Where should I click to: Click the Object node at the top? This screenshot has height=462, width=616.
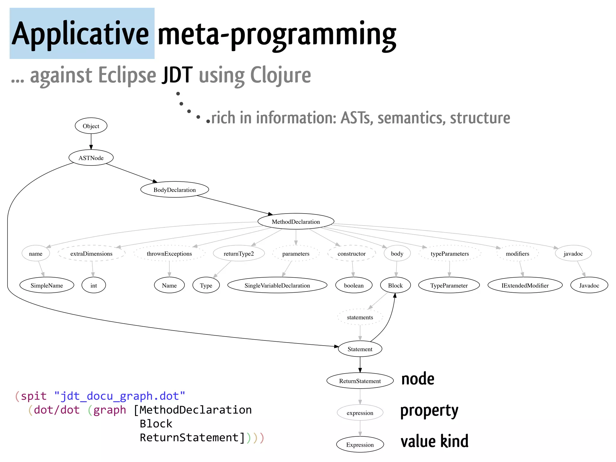(91, 126)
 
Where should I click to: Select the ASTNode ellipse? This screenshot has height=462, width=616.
(91, 158)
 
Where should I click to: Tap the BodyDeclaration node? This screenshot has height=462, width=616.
(174, 190)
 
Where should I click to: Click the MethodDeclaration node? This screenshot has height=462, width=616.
(296, 222)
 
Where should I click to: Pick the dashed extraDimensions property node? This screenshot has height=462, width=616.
(91, 254)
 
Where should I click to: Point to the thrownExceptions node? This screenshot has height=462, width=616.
(169, 254)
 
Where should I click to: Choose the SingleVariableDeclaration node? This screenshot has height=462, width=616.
(277, 285)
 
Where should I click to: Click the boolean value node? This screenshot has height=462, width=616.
(354, 285)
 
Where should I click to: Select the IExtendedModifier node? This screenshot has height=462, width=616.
(525, 285)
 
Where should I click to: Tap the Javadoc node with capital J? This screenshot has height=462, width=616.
(589, 285)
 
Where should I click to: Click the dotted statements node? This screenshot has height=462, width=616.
(360, 317)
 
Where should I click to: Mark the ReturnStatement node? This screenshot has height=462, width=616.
(360, 381)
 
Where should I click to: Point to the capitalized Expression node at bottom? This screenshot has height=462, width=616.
(360, 445)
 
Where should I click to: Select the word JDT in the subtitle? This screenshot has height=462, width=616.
(177, 75)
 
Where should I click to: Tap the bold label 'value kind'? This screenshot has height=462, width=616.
(434, 442)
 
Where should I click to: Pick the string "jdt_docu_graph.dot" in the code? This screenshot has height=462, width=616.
(120, 396)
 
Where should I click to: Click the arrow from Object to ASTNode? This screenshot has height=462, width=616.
(91, 142)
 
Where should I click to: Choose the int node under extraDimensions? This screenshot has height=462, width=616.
(94, 285)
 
